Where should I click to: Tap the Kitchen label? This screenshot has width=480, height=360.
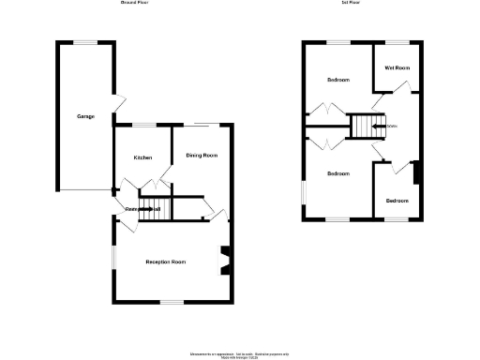point(142,157)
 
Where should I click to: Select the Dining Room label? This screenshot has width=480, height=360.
point(202,155)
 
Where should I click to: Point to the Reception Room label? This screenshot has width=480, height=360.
point(165,262)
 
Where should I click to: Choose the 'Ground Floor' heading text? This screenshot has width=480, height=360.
point(134,4)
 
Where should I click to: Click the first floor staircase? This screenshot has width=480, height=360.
point(361,126)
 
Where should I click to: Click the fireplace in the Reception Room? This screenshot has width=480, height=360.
point(224,262)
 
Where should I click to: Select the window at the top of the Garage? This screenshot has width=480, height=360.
point(86,42)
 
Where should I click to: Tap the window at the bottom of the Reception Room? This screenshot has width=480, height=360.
point(171,301)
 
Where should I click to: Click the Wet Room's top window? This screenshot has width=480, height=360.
point(397,43)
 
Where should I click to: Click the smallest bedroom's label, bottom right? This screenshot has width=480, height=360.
point(397,201)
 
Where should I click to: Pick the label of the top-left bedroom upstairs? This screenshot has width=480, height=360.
point(337,80)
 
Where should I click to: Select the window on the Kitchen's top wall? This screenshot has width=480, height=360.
point(142,125)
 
